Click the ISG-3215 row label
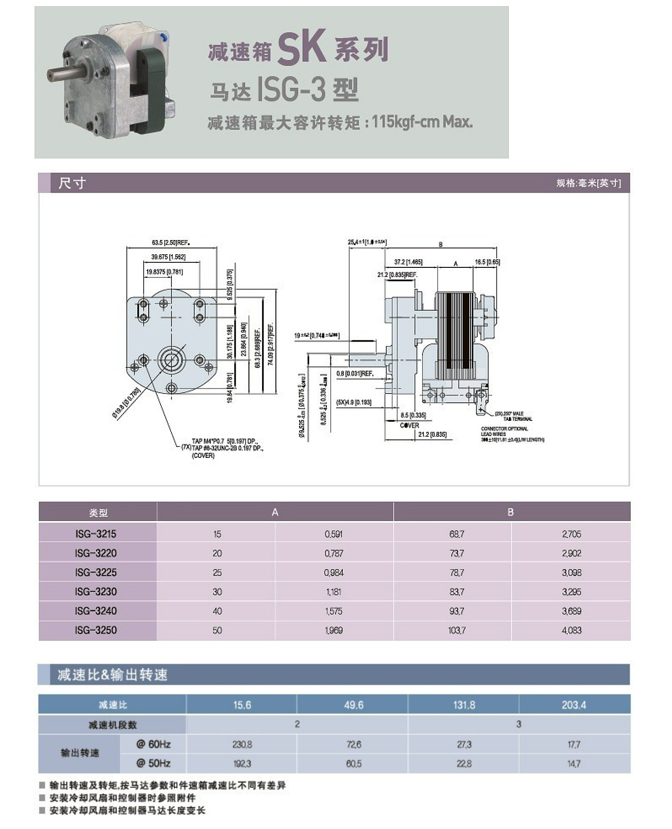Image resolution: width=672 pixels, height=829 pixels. click(96, 534)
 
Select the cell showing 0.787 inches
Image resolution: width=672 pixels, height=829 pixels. click(334, 553)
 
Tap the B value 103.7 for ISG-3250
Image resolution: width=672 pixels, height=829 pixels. click(456, 630)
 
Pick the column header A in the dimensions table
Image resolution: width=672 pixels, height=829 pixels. click(275, 512)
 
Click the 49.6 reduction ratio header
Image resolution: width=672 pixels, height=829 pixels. click(353, 705)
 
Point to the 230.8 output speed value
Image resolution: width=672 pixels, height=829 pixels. click(242, 745)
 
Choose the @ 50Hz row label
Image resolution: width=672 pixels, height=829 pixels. click(153, 763)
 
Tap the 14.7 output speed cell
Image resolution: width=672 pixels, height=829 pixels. click(574, 764)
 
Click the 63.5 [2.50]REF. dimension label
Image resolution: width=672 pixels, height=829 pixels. click(171, 243)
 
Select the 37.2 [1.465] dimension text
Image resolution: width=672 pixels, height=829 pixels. click(408, 262)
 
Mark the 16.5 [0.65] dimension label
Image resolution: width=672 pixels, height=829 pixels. click(487, 262)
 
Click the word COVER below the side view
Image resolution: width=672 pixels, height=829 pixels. click(409, 425)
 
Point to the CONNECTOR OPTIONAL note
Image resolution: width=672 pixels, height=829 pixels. click(504, 429)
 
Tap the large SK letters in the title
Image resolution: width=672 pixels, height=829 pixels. click(301, 47)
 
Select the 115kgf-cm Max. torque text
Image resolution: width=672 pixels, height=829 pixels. click(422, 122)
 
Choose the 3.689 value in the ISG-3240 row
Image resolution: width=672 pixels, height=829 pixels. click(571, 611)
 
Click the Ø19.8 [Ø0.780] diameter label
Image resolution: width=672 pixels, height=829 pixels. click(126, 403)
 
